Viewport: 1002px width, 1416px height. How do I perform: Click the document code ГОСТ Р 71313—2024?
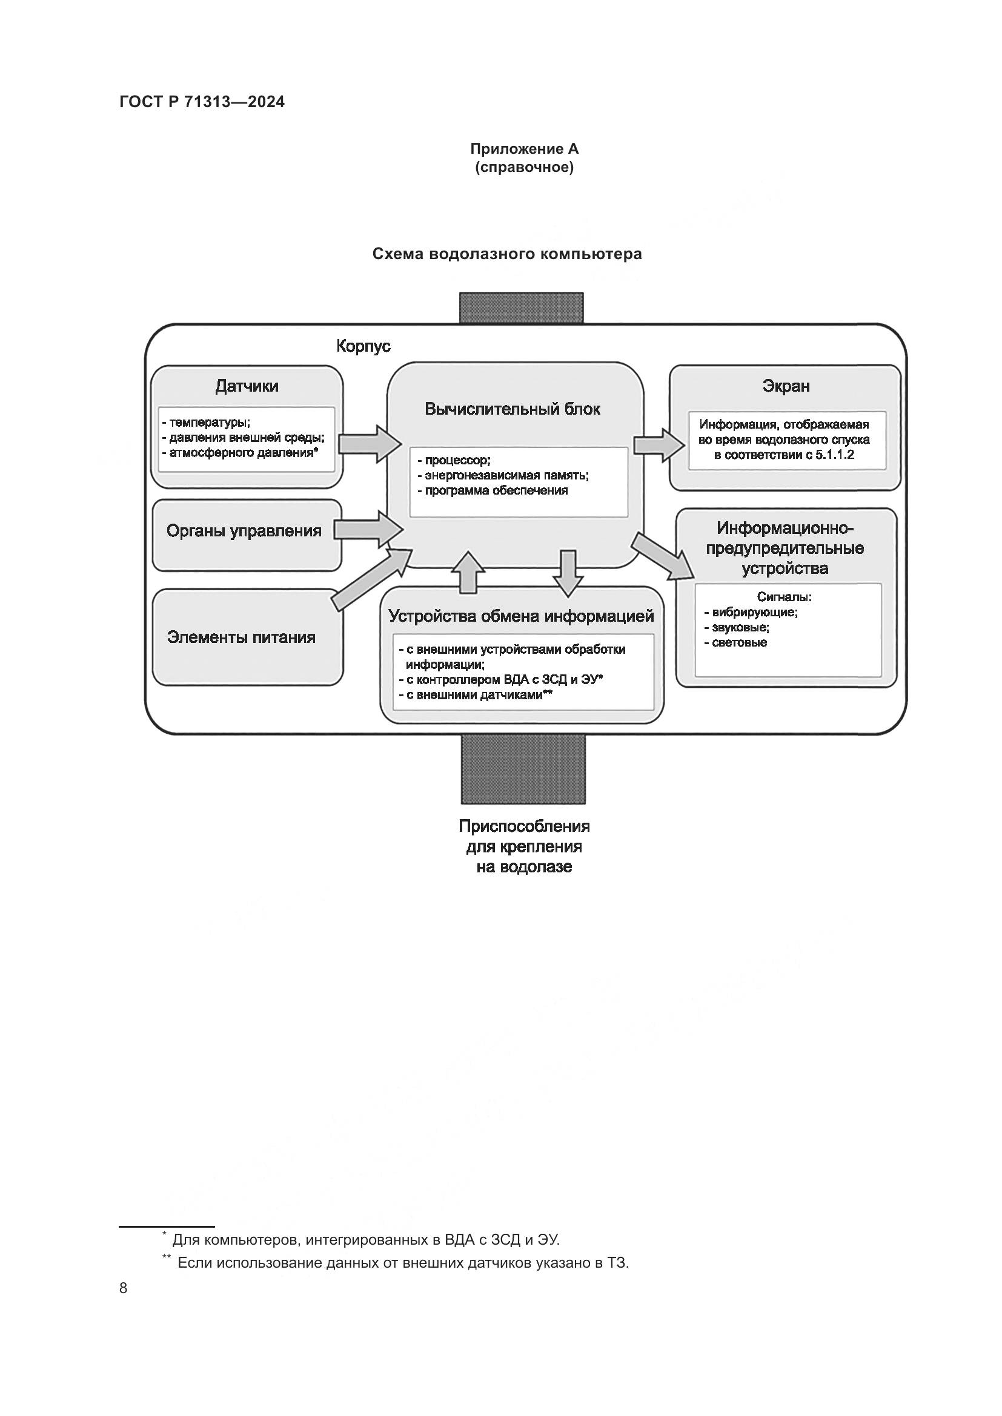[x=202, y=102]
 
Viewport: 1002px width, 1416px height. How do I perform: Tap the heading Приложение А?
[x=524, y=149]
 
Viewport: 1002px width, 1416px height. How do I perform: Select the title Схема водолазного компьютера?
[x=506, y=254]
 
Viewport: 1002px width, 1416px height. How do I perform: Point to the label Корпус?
[x=363, y=346]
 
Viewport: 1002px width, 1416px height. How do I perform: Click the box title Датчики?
[x=247, y=386]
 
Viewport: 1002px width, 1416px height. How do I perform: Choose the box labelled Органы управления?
[x=244, y=531]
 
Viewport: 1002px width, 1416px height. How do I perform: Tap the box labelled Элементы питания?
[x=241, y=637]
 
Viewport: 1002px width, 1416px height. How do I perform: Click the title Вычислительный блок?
[x=512, y=409]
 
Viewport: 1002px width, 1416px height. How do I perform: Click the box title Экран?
[x=786, y=386]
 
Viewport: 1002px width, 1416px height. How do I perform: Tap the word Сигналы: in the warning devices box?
[x=784, y=597]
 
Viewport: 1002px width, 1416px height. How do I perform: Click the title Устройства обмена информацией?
[x=521, y=616]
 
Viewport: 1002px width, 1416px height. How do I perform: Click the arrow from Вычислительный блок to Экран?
[x=659, y=444]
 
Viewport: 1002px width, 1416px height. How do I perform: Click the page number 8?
[x=124, y=1288]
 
